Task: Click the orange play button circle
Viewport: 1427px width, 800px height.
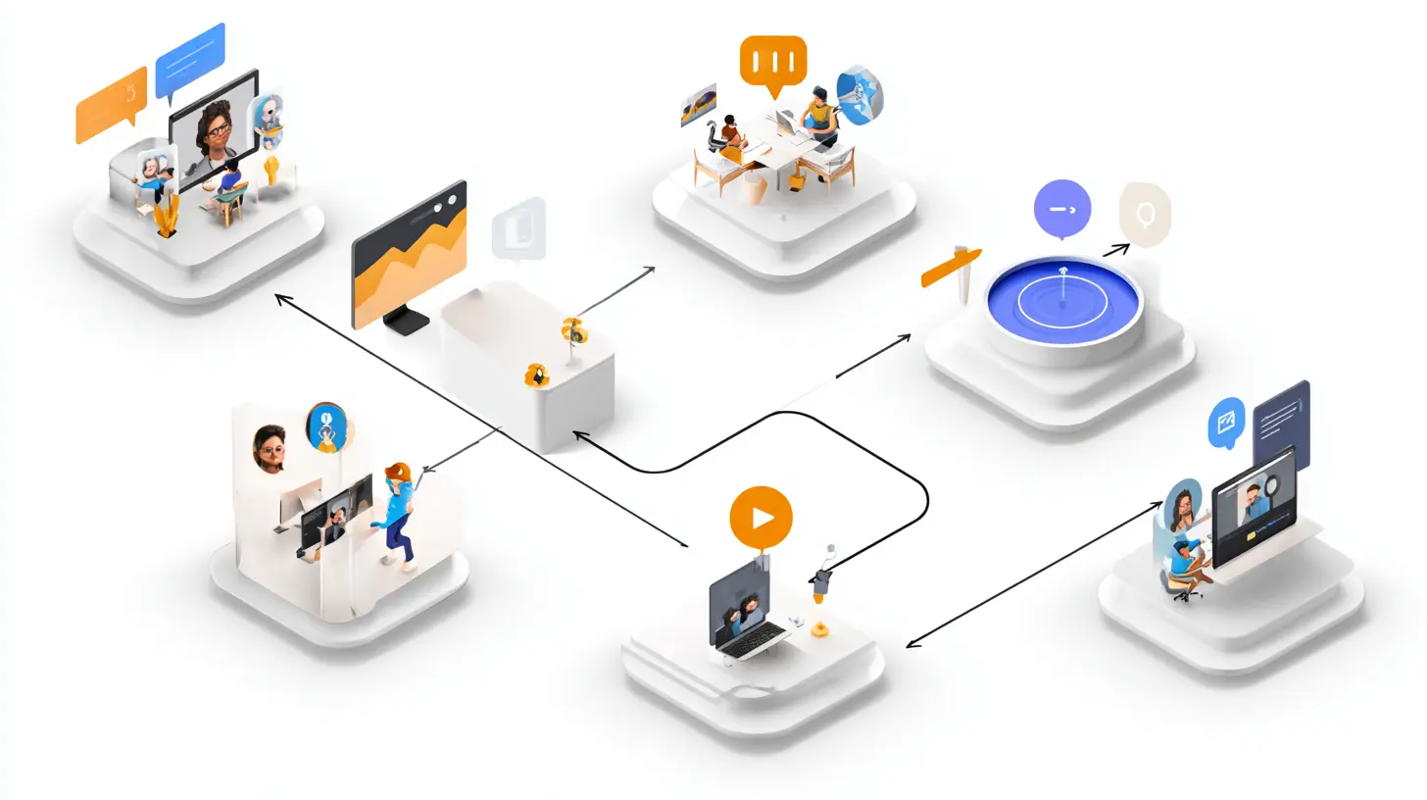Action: tap(761, 515)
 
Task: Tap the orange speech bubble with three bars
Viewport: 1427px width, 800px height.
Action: tap(773, 61)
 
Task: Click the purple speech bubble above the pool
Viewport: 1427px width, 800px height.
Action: tap(1061, 208)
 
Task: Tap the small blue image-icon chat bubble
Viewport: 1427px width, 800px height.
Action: tap(1226, 422)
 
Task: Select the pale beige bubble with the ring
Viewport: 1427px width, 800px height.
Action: tap(1144, 212)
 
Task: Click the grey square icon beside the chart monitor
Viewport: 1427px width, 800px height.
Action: tap(517, 229)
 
